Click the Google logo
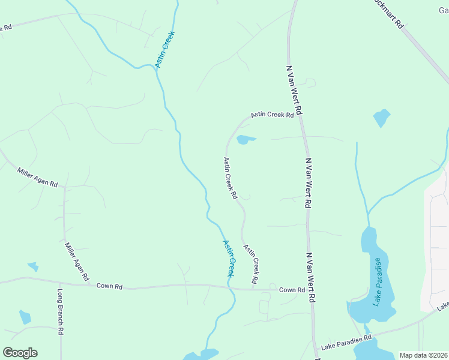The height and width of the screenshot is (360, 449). click(20, 352)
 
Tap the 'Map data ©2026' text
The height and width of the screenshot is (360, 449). click(423, 355)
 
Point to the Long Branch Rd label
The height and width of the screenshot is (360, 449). click(61, 312)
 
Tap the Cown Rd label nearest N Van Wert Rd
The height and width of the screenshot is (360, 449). click(292, 290)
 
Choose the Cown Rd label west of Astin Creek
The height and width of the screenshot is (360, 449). click(109, 286)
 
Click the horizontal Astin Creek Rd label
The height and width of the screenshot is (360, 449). click(272, 114)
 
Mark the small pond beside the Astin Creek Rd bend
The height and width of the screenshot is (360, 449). click(246, 140)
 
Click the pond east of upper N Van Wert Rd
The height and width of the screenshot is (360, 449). click(381, 118)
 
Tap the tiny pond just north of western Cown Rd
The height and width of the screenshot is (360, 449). click(32, 266)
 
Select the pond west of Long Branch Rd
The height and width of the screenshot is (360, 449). click(25, 317)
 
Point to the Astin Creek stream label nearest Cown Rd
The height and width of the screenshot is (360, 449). click(229, 258)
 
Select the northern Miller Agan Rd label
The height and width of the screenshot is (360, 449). click(37, 177)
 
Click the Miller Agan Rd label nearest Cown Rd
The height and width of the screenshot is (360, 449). click(77, 262)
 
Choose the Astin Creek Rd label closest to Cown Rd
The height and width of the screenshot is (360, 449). click(252, 264)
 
